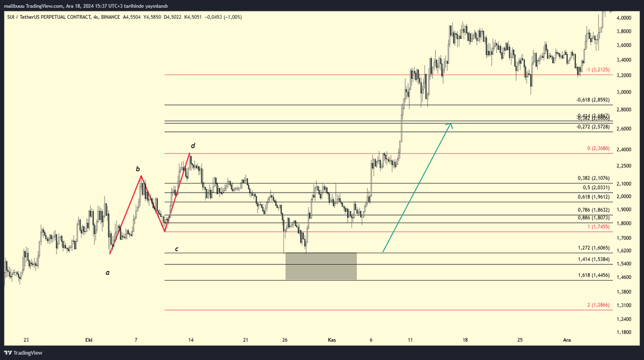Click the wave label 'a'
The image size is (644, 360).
pos(107,273)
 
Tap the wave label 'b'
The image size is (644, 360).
pos(137,170)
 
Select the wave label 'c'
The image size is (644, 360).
pos(177,249)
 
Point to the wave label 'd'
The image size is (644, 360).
pos(193,145)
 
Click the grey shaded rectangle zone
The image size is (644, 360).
pos(321,266)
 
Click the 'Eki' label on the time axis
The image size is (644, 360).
pos(90,340)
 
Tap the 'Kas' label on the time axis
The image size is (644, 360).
pos(332,340)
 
